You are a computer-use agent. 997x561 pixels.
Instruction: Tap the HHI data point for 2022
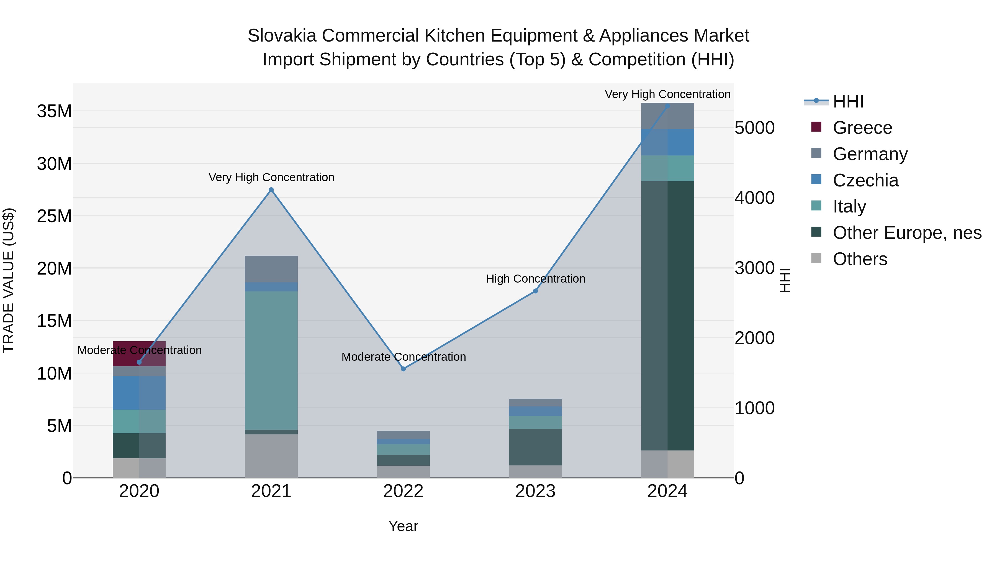pos(403,369)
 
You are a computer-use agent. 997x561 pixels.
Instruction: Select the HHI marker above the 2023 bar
pos(535,291)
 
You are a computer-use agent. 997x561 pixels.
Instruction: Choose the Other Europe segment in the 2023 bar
pos(535,447)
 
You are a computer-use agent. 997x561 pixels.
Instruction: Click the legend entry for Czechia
pos(865,180)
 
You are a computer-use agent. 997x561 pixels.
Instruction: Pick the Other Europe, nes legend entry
pos(906,233)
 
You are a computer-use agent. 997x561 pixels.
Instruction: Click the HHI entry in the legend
pos(848,101)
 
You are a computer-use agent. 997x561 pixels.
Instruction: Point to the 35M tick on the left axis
pos(54,111)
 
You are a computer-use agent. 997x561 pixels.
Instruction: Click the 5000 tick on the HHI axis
pos(754,128)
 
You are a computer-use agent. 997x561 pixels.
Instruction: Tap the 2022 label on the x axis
pos(403,491)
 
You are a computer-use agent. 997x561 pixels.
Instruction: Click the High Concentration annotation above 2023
pos(535,279)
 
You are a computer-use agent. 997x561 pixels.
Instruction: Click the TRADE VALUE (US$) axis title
pos(9,280)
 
